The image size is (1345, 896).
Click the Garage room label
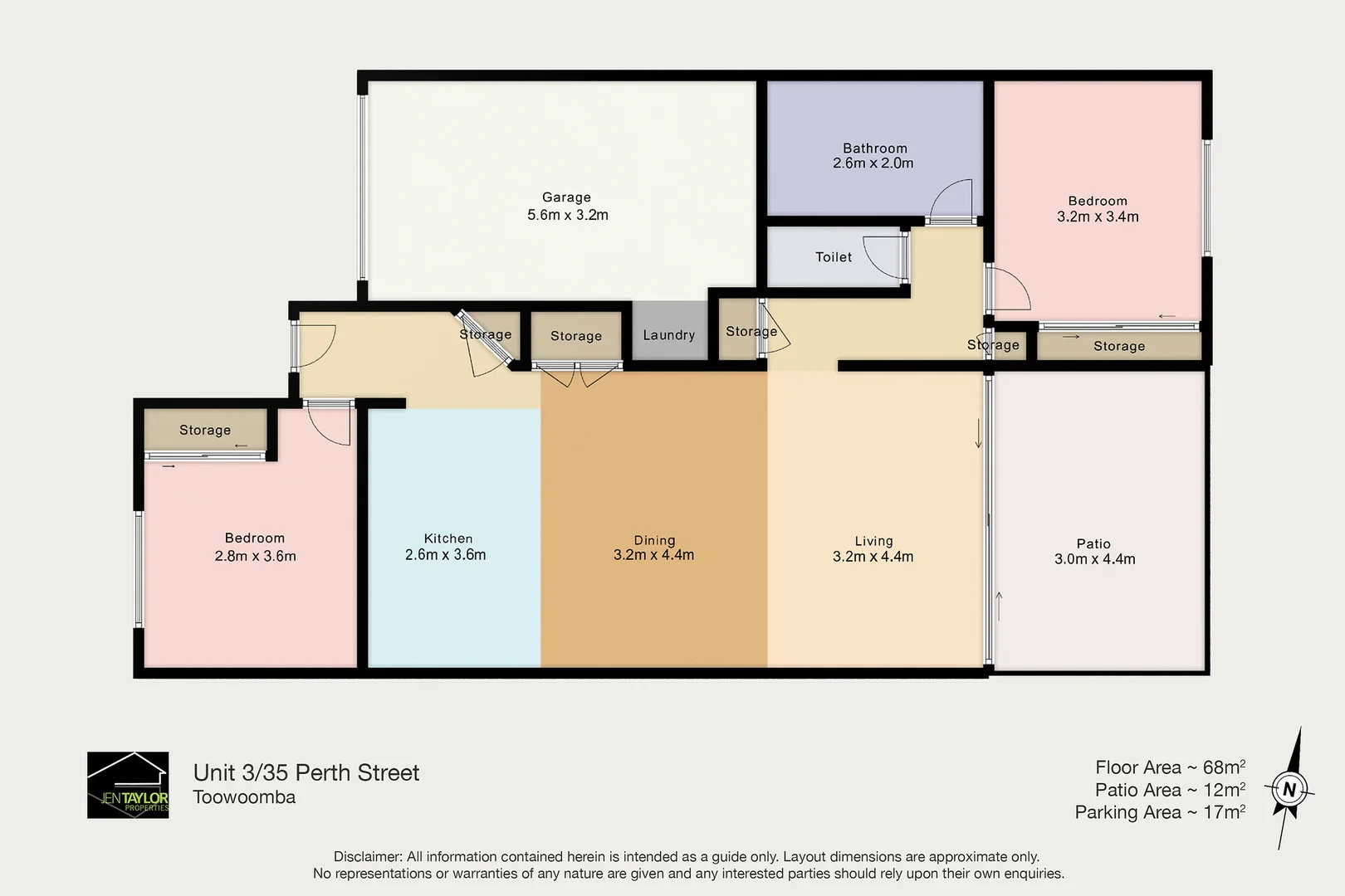pos(566,197)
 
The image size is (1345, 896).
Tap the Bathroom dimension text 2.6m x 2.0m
pos(873,163)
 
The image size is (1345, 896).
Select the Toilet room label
pos(834,257)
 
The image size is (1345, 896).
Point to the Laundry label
pos(668,335)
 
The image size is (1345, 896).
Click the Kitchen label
pos(448,538)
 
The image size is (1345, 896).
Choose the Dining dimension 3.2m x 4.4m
pos(653,555)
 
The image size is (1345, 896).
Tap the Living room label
pos(873,541)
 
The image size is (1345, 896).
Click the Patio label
pos(1093,543)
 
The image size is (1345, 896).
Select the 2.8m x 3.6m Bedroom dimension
pos(255,556)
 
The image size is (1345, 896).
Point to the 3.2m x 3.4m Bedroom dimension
pos(1098,217)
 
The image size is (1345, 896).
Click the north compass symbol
pos(1289,789)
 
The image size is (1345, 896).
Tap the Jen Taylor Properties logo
pos(128,785)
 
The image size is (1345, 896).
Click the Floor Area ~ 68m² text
pos(1170,767)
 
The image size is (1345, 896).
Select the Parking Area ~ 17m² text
pos(1160,812)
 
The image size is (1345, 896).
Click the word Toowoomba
pos(244,797)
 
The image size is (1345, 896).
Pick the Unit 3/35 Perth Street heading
pos(306,772)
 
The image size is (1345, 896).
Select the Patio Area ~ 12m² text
pos(1170,790)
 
